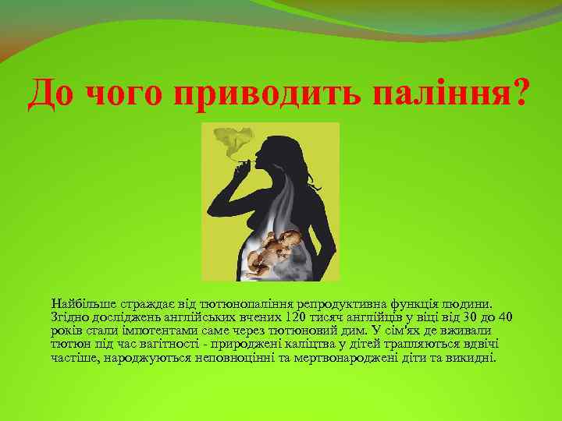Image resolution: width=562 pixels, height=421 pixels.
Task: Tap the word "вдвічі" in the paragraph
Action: [477, 344]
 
